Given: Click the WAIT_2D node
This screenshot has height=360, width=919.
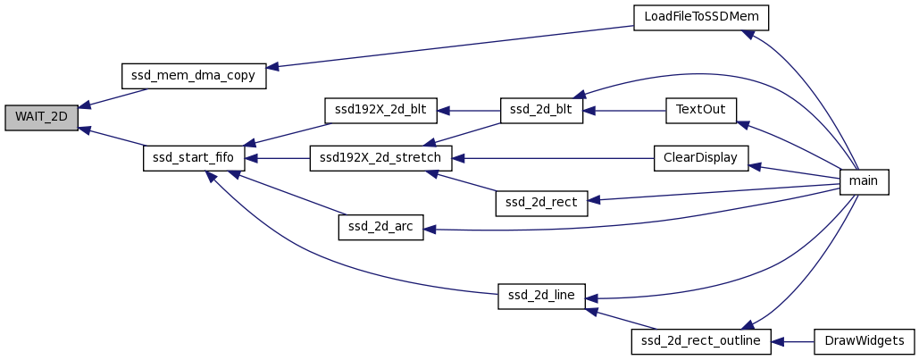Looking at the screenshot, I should point(41,118).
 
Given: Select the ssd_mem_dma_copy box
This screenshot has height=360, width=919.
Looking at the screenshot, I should point(194,75).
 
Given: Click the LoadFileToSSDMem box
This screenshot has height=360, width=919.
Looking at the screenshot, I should point(701,18).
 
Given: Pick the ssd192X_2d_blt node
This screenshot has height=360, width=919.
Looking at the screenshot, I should point(380,111).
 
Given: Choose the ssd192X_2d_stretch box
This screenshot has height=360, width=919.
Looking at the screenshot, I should point(380,157).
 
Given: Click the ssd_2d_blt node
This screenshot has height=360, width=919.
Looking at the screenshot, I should point(542,111).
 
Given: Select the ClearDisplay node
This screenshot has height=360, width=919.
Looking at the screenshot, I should point(701,157).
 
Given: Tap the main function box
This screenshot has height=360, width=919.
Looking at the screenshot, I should point(865,181).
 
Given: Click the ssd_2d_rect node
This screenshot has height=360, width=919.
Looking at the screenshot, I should point(542,204).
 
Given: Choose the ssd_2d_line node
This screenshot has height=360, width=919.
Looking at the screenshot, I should point(542,297).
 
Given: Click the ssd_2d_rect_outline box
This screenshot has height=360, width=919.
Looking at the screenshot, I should point(701,341).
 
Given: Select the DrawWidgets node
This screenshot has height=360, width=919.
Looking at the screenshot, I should point(865,341).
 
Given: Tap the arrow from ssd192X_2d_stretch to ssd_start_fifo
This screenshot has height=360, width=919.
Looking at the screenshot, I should point(277,157).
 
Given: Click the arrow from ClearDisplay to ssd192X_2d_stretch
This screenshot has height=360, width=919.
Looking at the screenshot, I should point(554,158).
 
